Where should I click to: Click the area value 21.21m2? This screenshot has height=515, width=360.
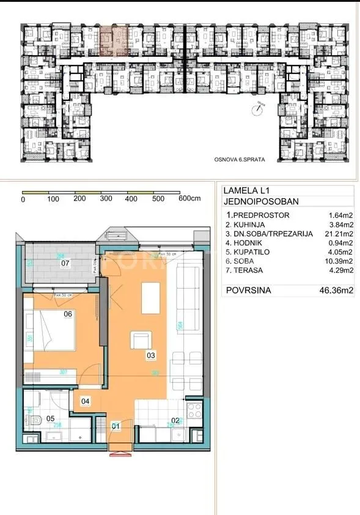[339, 234]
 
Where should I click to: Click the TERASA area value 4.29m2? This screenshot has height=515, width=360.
[340, 270]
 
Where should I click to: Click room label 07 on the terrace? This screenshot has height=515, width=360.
[66, 264]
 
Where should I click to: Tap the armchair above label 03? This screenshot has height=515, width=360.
[141, 339]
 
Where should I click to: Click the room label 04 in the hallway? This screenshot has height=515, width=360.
[86, 401]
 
